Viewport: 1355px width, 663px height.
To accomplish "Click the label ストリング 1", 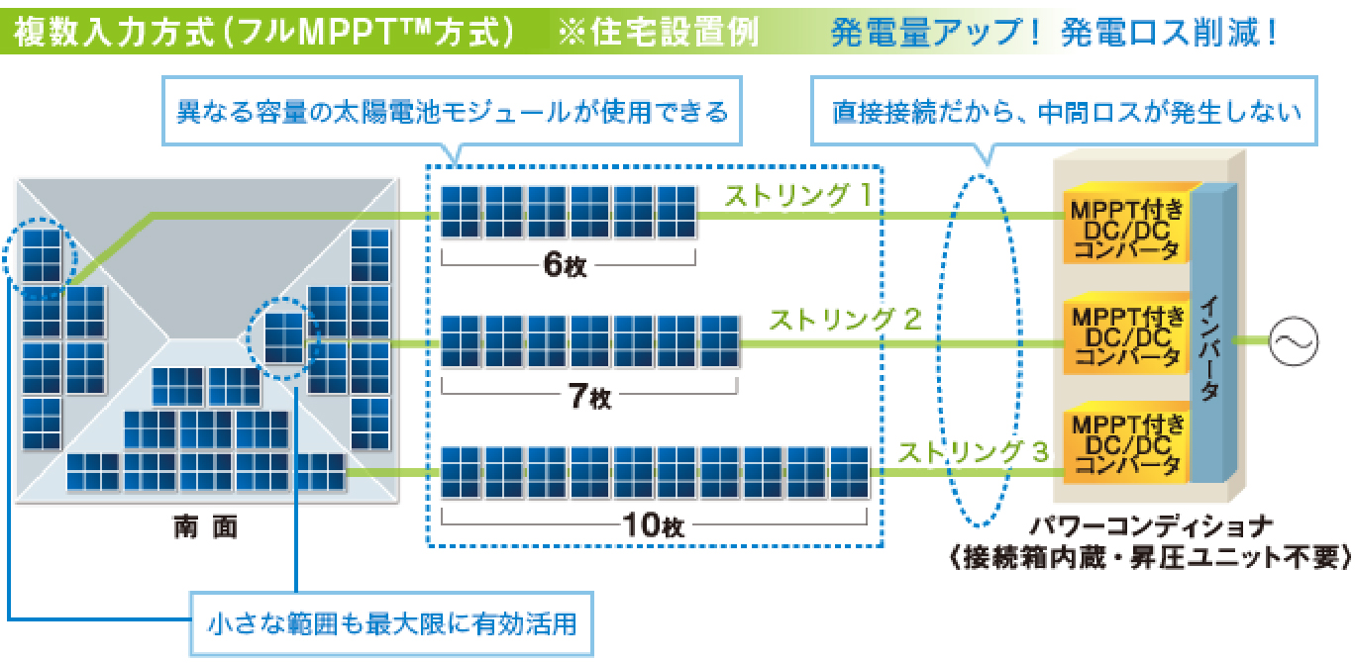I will (797, 196).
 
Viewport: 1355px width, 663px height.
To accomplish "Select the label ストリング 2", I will (845, 320).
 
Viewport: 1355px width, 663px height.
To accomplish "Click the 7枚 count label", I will (590, 397).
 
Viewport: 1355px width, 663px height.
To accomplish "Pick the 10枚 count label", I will (654, 525).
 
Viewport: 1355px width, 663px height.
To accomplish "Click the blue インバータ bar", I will (1209, 336).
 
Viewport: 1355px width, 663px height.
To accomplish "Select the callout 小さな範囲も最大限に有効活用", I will (392, 624).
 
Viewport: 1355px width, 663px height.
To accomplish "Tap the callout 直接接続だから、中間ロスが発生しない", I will (1065, 111).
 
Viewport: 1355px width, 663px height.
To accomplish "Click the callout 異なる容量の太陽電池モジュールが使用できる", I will (452, 111).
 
